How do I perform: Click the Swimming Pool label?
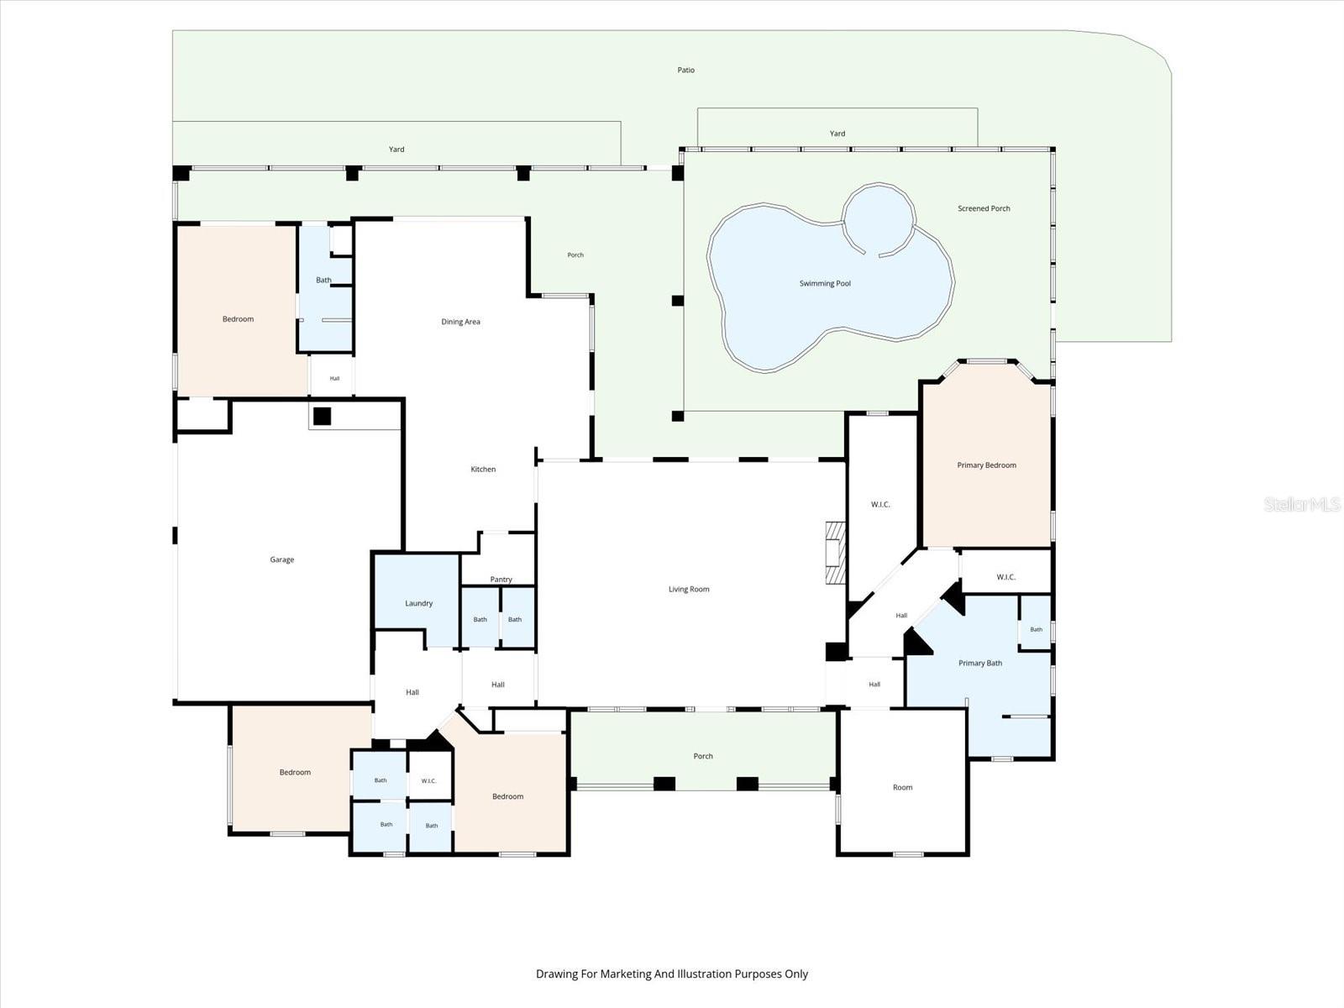[x=825, y=283]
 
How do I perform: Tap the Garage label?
[x=281, y=559]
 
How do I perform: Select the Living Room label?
[x=689, y=589]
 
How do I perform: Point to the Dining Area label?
[x=460, y=322]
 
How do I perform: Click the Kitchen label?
[x=483, y=469]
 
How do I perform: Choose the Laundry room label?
[x=419, y=603]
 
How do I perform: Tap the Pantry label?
[x=501, y=579]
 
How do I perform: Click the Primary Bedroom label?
[x=986, y=465]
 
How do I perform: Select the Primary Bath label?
[x=980, y=663]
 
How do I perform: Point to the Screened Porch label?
[x=984, y=208]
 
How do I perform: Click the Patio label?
[x=685, y=70]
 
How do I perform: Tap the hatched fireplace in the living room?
[x=835, y=552]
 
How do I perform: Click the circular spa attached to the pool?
[x=879, y=184]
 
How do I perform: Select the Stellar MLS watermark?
[x=1302, y=504]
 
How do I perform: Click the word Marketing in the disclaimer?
[x=626, y=974]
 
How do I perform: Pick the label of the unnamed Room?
[x=902, y=787]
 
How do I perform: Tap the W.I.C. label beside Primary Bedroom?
[x=880, y=504]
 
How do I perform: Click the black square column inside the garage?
[x=322, y=416]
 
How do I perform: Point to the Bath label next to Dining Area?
[x=323, y=280]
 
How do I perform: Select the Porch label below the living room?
[x=703, y=756]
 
